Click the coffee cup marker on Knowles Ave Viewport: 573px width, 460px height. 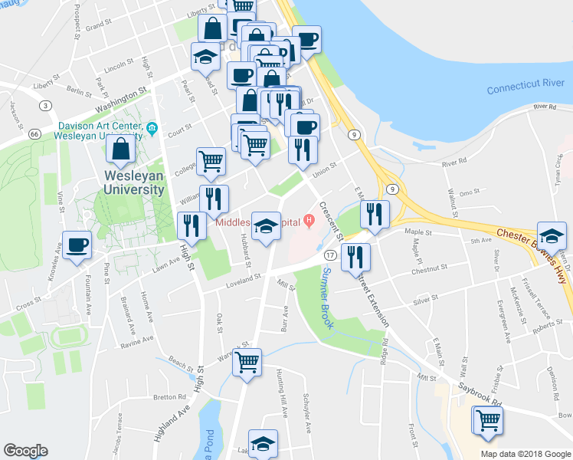pos(78,245)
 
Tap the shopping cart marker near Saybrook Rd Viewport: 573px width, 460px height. pos(487,420)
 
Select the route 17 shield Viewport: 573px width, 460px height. pos(330,255)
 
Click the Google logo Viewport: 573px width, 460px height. pos(25,450)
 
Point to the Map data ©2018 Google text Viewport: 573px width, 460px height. pos(525,454)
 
